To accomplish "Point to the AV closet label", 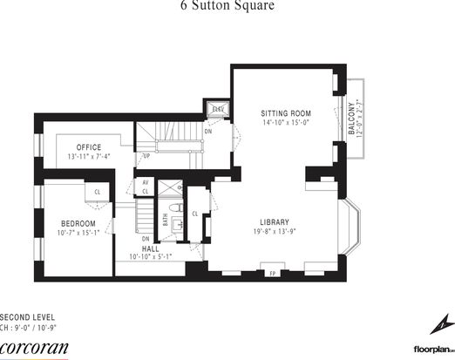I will click(146, 182).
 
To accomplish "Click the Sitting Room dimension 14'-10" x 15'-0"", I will click(286, 124).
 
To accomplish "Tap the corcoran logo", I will click(33, 346).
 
